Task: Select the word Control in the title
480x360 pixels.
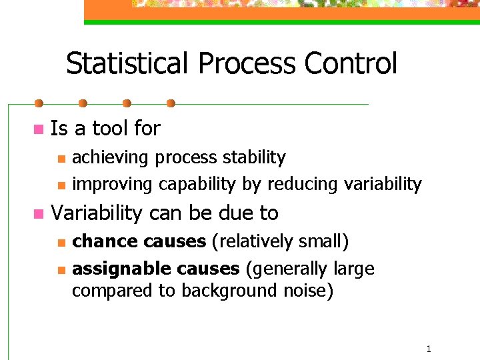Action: [x=351, y=64]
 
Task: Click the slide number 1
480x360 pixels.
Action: [x=429, y=349]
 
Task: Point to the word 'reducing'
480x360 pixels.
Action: [x=303, y=185]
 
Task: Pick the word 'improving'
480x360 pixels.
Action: [x=108, y=185]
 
